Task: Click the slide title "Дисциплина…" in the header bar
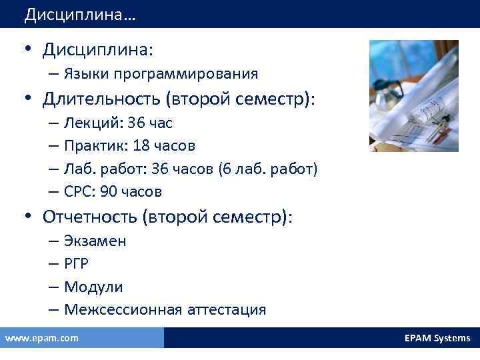tap(79, 14)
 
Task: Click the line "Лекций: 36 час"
tap(119, 123)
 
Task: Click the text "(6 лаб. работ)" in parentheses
tap(267, 169)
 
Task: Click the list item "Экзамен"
tap(95, 241)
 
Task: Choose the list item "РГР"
tap(77, 263)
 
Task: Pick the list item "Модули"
tap(94, 287)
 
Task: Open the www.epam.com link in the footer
tap(41, 338)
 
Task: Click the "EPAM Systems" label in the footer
tap(437, 338)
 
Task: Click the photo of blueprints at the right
tap(413, 95)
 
